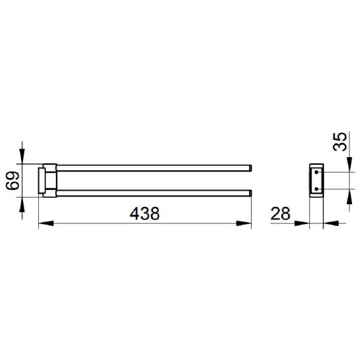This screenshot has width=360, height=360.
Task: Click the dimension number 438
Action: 145,214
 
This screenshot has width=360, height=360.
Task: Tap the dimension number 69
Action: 12,181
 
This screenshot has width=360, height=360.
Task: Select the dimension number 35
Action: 340,142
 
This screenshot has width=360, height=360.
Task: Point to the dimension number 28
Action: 281,214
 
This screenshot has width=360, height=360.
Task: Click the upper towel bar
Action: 153,168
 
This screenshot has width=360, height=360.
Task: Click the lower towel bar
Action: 153,193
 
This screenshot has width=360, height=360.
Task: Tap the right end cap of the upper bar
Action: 251,168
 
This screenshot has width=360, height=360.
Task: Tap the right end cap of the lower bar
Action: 251,193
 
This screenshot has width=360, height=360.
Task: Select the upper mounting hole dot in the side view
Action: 317,172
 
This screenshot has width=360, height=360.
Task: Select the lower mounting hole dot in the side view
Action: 317,189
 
